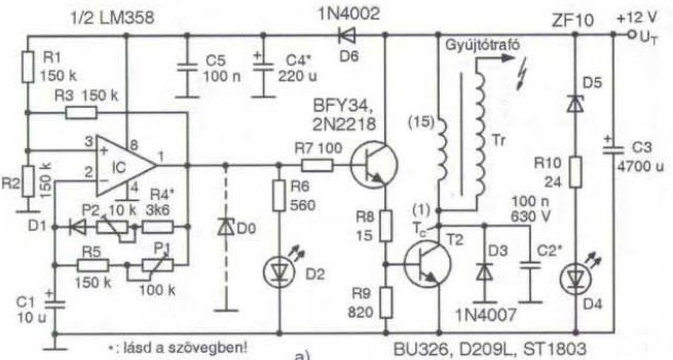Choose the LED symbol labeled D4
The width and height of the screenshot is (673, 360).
(576, 277)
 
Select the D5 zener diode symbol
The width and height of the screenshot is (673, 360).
(576, 102)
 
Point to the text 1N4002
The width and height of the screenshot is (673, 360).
(347, 14)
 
